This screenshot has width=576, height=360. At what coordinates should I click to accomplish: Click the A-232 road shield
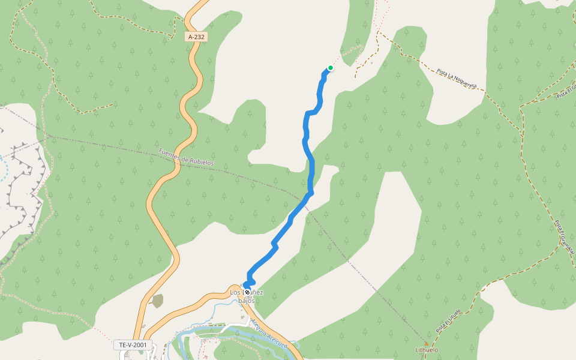pos(196,37)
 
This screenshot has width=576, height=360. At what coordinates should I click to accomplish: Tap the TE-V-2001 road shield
pos(133,345)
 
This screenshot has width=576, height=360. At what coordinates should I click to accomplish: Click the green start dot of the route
pos(330,68)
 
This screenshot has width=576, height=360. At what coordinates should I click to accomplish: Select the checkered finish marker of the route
pos(247,292)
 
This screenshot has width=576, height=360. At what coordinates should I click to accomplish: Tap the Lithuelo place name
pos(427,350)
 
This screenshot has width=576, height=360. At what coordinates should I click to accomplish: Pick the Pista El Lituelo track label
pos(448,321)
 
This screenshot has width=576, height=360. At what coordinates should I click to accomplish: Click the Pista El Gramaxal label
pos(564,237)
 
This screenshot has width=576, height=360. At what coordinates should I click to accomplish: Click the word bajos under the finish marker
pos(246,300)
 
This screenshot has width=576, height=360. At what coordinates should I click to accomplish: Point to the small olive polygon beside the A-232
pos(157,301)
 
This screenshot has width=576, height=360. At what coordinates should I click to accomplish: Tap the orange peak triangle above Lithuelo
pos(427,344)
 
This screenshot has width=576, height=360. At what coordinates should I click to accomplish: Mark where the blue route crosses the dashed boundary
pos(305,198)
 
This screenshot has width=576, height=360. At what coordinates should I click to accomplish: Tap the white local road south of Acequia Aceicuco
pos(231,328)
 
